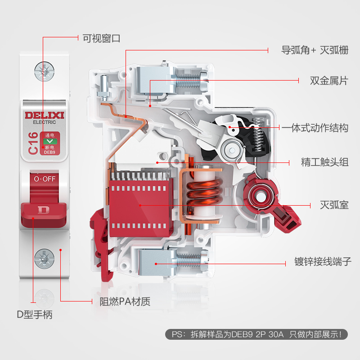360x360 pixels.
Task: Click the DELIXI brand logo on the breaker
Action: tap(44, 115)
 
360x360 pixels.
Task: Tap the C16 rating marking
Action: tap(33, 143)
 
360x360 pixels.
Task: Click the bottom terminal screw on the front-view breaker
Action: tap(44, 258)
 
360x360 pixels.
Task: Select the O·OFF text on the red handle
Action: tap(45, 179)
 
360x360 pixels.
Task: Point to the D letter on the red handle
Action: tap(44, 210)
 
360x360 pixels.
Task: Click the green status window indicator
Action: tap(49, 141)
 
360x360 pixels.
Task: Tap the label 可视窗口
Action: tap(102, 38)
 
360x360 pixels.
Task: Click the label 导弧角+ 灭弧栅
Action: tap(315, 50)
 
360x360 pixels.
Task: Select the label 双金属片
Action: tap(329, 81)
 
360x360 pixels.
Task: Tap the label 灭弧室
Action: tap(334, 205)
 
